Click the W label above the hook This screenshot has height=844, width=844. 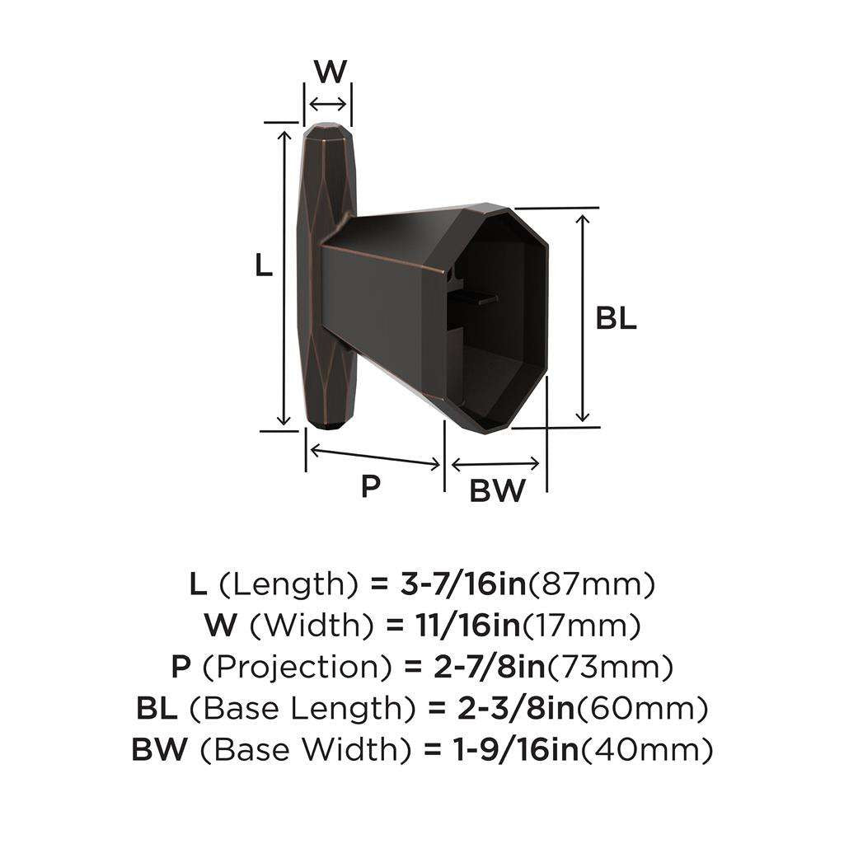pyautogui.click(x=330, y=72)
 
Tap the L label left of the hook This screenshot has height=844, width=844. pyautogui.click(x=263, y=265)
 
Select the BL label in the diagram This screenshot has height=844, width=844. pyautogui.click(x=617, y=319)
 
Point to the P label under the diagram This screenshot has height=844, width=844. pyautogui.click(x=371, y=486)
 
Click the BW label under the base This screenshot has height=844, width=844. pyautogui.click(x=497, y=491)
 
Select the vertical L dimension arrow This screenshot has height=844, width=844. pyautogui.click(x=285, y=276)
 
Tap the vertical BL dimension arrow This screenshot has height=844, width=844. pyautogui.click(x=584, y=317)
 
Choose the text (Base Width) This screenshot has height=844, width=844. pyautogui.click(x=310, y=749)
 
